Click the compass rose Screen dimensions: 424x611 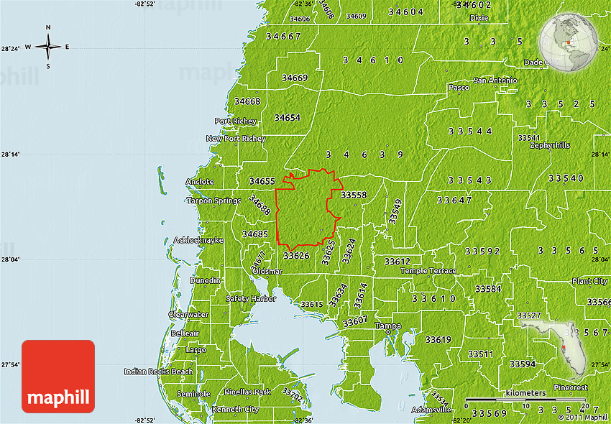pos(48,47)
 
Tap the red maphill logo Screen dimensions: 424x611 pos(58,376)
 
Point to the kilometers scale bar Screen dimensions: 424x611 pos(525,398)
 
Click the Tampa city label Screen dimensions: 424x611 pos(388,326)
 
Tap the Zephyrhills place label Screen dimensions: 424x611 pos(550,145)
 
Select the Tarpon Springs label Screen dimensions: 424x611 pos(214,201)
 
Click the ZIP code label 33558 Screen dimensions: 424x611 pos(354,195)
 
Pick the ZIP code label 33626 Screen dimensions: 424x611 pos(296,255)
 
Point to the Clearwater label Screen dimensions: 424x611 pos(188,315)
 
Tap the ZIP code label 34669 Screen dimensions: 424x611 pos(295,78)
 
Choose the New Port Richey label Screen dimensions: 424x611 pos(236,138)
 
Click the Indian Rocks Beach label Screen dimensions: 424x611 pos(158,372)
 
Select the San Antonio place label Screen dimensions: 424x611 pos(495,80)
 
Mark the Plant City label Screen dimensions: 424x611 pos(589,281)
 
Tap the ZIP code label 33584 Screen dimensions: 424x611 pos(489,289)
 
